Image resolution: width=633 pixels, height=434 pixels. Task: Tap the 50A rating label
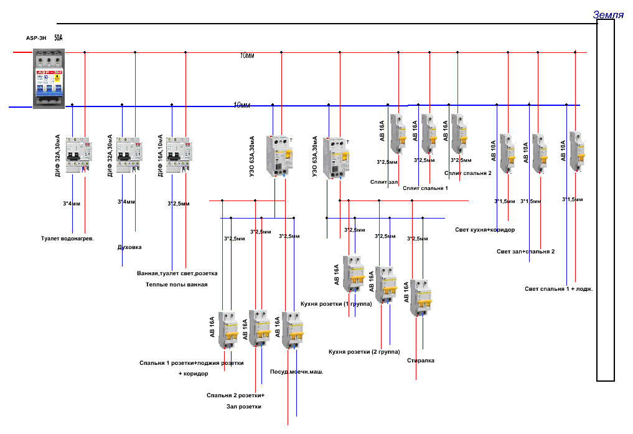pos(58,38)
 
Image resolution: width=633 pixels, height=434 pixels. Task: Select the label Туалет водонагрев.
pos(67,238)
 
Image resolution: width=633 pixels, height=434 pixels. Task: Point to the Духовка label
pos(129,247)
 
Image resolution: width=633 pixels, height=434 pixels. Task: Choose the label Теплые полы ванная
pos(177,284)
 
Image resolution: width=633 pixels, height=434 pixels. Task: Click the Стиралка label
pos(420,361)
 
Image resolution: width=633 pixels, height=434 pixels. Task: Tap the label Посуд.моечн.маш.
pos(296,372)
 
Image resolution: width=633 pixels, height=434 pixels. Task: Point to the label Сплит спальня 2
pos(468,173)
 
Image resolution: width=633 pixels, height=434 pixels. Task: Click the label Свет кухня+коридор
pos(485,230)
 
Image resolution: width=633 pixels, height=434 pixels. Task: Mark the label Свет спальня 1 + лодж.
pos(558,288)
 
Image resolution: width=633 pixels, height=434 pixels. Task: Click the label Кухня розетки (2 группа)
pos(363,351)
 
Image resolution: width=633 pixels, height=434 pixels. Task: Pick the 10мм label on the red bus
pos(248,56)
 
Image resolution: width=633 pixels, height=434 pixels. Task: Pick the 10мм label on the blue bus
pos(241,105)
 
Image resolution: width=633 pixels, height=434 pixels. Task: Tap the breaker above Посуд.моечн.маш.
pos(293,330)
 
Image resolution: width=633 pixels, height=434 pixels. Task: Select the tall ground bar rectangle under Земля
pos(606,199)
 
